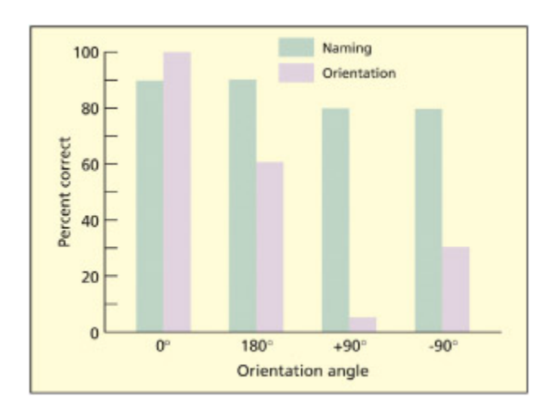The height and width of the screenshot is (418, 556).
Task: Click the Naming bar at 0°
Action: pos(150,206)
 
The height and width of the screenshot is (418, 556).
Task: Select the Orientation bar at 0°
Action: pos(177,192)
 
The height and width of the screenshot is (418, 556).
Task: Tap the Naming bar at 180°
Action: pos(242,206)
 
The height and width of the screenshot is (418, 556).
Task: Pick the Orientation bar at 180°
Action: pos(269,247)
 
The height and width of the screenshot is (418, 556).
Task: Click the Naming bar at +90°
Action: pos(335,220)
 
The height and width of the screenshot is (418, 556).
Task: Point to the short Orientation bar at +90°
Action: pos(362,325)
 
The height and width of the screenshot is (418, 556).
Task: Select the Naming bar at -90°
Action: pos(428,220)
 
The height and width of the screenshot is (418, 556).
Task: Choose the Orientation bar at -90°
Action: pos(455,290)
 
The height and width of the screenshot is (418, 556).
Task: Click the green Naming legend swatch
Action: pos(296,47)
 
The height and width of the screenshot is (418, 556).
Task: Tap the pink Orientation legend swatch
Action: pos(296,72)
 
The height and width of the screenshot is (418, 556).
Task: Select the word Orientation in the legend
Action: pos(360,73)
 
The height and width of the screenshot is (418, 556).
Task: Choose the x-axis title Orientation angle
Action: pos(303,371)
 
